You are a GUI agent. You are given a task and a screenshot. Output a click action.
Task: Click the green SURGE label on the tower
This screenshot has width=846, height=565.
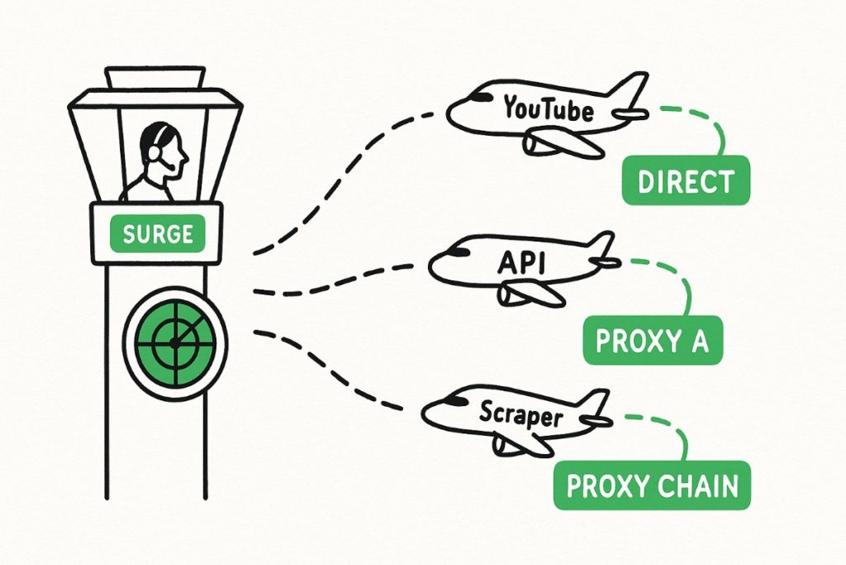point(157,234)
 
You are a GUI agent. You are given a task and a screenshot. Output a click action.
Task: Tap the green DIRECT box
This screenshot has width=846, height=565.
point(686,180)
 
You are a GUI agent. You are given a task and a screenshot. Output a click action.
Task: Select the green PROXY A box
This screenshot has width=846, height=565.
point(653,340)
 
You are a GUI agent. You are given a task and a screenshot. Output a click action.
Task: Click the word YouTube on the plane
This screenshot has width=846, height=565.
point(548,108)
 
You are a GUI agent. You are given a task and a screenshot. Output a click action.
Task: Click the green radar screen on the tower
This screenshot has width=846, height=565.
point(174,342)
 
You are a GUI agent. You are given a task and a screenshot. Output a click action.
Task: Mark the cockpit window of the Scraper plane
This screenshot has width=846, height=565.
point(452,401)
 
